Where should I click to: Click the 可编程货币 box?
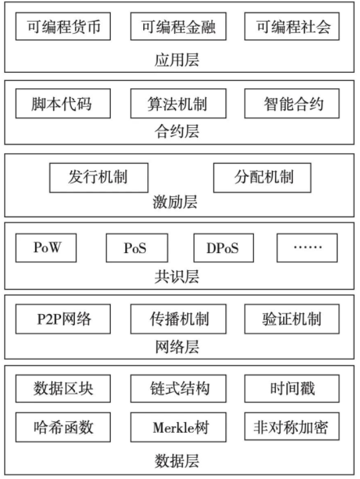63,27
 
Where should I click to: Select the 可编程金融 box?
178,27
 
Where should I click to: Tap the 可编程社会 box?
292,27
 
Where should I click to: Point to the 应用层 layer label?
176,60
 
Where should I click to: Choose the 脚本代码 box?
63,103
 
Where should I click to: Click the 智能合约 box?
292,103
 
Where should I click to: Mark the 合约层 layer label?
176,131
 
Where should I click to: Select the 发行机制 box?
99,178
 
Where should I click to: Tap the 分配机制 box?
262,178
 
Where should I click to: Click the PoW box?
46,248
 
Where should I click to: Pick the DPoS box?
223,248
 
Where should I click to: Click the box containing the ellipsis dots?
307,248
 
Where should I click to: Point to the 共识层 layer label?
176,277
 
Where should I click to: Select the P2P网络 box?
63,319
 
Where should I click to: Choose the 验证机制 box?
292,319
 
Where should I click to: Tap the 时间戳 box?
292,389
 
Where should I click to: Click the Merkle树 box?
178,427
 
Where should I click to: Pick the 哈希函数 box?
63,427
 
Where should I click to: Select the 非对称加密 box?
292,427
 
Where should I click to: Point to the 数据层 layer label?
176,461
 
